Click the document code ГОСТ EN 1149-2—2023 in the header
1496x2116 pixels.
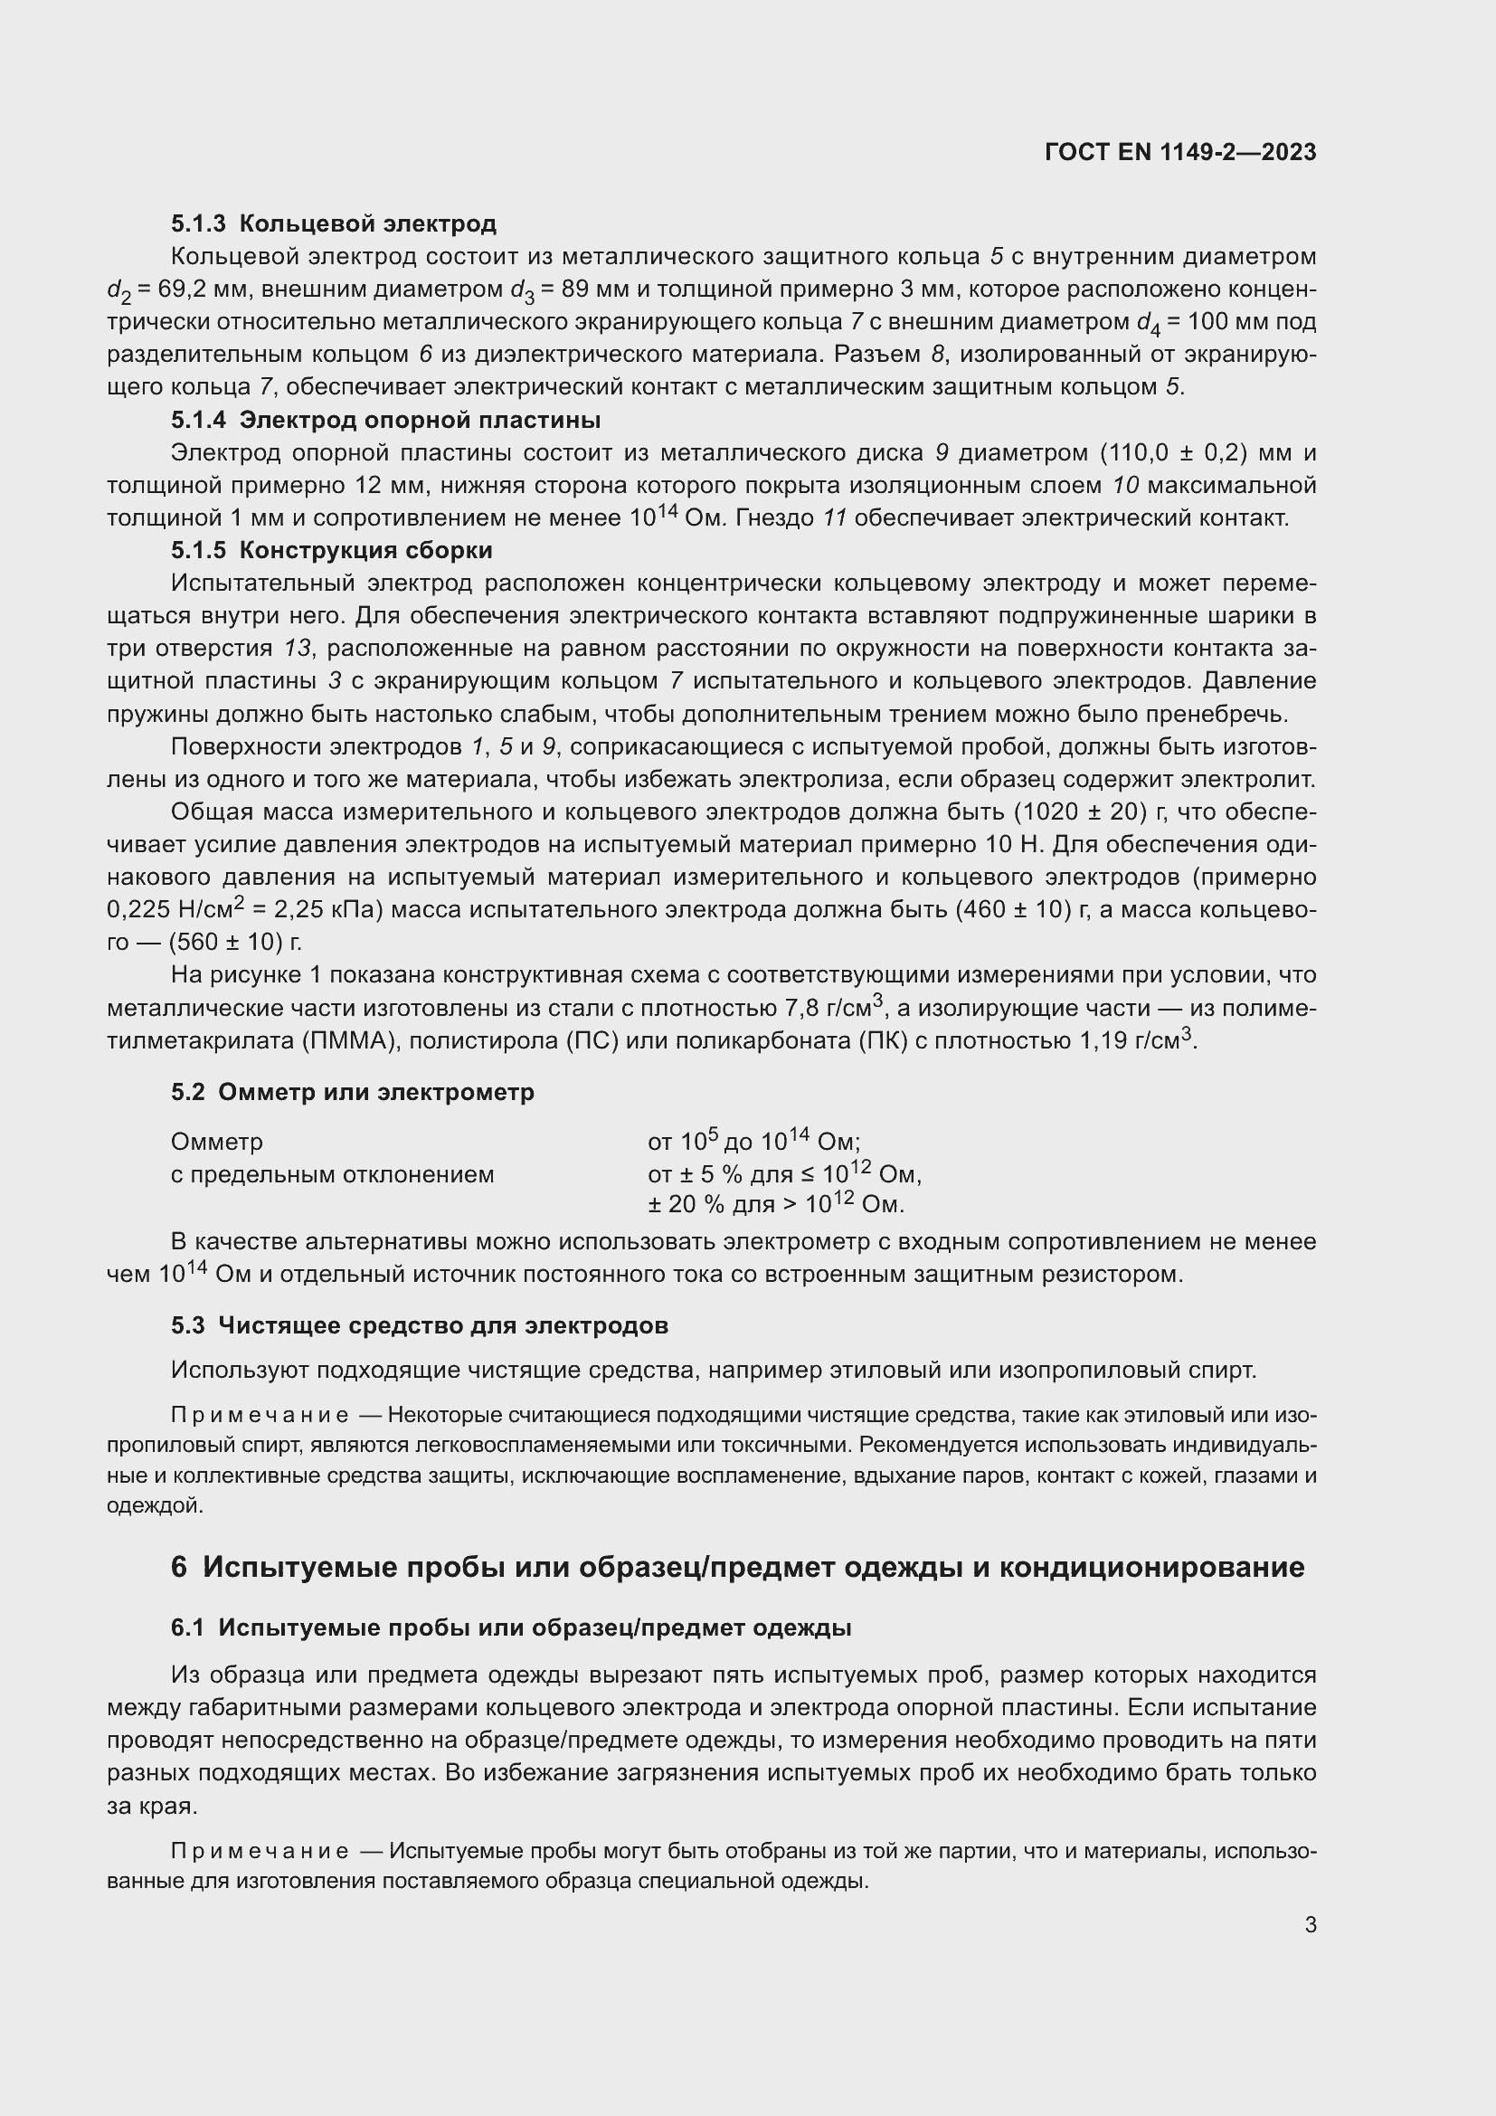1180,152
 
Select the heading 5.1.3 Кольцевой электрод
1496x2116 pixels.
334,224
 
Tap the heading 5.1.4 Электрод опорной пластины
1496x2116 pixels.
385,421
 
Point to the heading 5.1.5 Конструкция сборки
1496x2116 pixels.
332,550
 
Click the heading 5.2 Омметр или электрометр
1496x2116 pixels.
352,1092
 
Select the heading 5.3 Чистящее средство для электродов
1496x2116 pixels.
419,1325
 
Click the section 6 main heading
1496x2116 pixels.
737,1567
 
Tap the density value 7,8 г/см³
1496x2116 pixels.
834,1007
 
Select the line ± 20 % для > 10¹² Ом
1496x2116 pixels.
776,1204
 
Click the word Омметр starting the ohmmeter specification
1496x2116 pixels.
216,1142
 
